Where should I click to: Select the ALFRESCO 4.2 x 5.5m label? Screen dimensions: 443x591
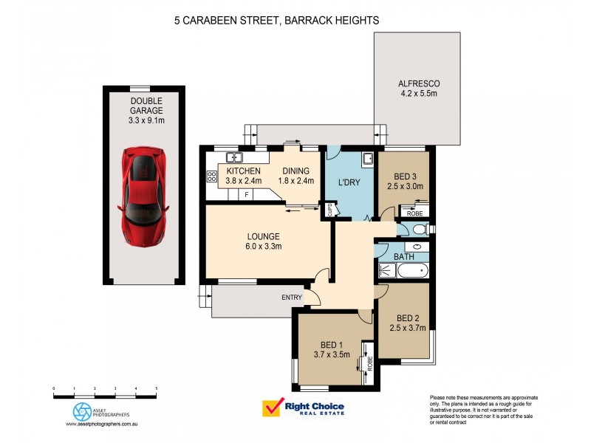pos(418,89)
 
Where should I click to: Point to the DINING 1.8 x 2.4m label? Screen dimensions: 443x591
pos(295,175)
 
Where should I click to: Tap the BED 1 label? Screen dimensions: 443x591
pos(331,349)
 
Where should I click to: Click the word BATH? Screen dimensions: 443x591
pos(403,256)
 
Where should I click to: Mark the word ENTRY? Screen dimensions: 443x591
pos(292,297)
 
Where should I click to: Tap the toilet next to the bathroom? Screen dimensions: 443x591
pos(417,230)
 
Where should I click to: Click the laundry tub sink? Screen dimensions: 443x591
pos(367,159)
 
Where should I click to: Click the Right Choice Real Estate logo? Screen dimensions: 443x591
pos(304,408)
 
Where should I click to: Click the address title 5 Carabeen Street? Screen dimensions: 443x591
pos(276,21)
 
